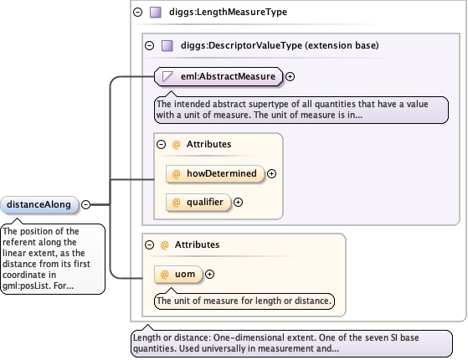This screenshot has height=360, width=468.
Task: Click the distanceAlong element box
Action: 39,205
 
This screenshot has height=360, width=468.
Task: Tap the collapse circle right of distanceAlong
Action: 86,204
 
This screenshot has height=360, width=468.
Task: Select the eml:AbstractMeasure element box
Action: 219,77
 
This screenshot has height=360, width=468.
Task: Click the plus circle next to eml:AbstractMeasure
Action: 291,77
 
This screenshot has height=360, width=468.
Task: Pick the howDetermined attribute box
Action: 215,174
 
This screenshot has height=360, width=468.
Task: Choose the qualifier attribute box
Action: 198,203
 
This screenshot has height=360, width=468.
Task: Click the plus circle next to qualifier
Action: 238,203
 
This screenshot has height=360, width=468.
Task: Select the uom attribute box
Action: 178,275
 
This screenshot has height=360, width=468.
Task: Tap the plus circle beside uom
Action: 210,275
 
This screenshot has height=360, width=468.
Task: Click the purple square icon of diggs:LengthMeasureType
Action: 156,13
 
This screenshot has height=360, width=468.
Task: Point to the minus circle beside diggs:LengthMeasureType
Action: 138,13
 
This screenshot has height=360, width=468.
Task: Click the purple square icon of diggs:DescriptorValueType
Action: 167,46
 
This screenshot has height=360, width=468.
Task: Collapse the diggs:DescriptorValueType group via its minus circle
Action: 150,46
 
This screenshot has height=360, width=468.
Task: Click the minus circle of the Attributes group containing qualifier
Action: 162,145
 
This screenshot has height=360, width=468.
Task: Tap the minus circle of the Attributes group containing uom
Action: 150,244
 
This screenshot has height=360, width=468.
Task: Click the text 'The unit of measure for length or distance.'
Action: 244,301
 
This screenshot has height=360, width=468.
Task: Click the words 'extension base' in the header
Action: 342,45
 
